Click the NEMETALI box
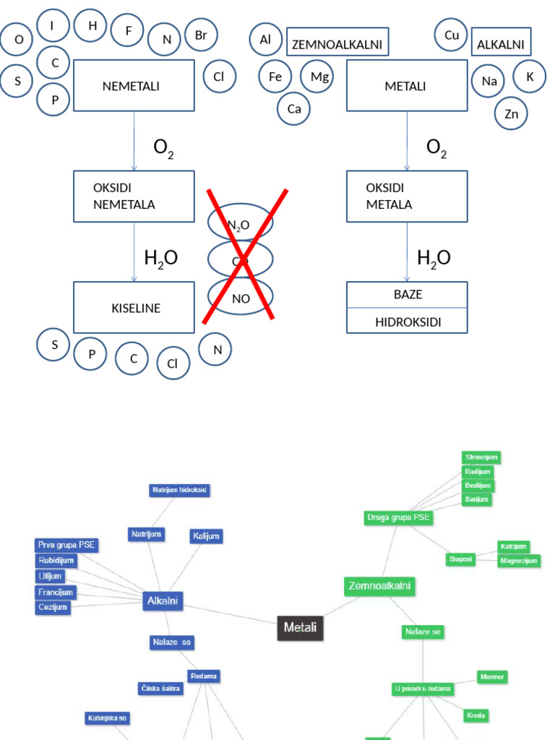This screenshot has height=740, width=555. tap(134, 86)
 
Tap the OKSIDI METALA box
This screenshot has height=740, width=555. tap(407, 196)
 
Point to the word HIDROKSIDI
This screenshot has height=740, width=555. tap(408, 322)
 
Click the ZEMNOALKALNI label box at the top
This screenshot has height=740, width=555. tap(337, 43)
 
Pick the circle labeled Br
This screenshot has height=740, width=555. tap(201, 35)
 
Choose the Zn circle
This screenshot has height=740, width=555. tap(512, 113)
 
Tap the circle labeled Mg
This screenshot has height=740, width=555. tap(319, 77)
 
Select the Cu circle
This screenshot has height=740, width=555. tap(452, 35)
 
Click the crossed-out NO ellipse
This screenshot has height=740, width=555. tap(241, 298)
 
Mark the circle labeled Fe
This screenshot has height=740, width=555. tap(275, 77)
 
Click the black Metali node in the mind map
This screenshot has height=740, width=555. tap(300, 627)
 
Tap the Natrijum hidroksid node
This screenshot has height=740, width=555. tap(180, 490)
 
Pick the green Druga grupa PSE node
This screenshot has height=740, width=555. tap(398, 518)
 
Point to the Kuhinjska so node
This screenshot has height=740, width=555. tap(108, 718)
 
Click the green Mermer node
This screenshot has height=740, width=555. tap(492, 676)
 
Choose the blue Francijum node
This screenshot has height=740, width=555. tap(56, 592)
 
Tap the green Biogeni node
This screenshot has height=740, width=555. tap(460, 559)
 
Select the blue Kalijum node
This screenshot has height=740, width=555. tap(206, 535)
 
